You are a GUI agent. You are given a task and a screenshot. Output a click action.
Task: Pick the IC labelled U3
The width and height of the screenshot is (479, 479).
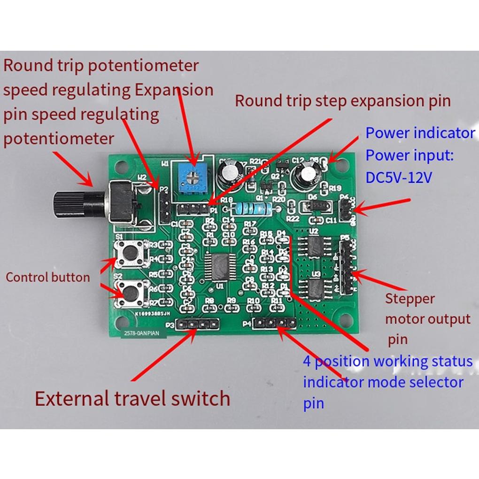tap(316, 287)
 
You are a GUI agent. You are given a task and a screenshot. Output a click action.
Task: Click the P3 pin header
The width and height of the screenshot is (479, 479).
tap(198, 324)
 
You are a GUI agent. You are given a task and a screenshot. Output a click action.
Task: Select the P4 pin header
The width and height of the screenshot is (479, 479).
tap(274, 323)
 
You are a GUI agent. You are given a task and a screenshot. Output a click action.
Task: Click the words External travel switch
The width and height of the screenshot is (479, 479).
tap(133, 399)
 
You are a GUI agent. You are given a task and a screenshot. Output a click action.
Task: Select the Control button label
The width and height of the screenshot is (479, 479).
tap(47, 277)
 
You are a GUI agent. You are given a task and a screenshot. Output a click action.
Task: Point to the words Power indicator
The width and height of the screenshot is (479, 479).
tap(420, 133)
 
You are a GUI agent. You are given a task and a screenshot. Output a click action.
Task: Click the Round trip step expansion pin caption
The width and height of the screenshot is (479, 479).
tap(342, 100)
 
